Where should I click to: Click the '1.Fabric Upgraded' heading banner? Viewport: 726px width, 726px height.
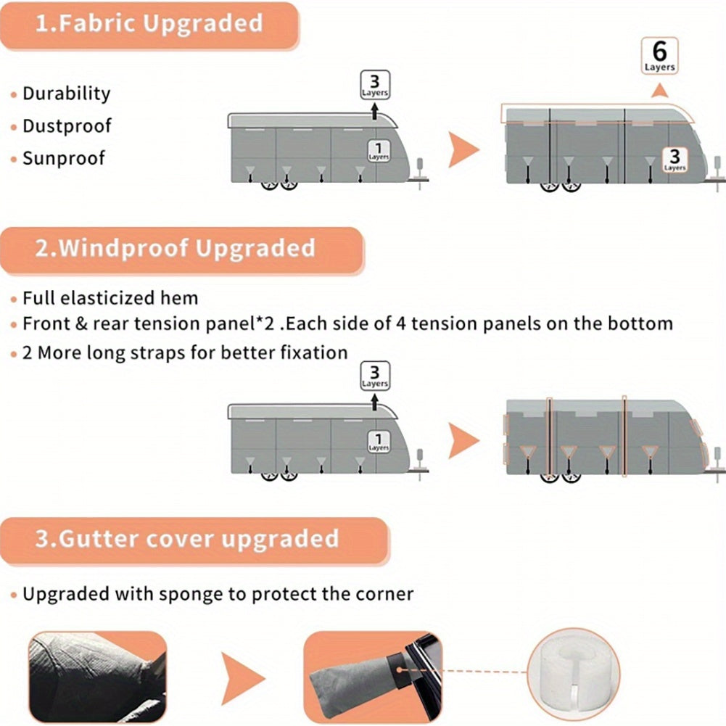[149, 25]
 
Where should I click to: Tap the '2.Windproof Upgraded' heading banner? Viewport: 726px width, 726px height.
[182, 250]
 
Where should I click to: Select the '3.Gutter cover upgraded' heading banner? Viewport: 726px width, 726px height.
[194, 541]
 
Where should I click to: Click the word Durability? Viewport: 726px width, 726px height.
[67, 94]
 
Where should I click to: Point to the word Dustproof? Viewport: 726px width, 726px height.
[67, 126]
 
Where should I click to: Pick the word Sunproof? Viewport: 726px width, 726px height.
[64, 158]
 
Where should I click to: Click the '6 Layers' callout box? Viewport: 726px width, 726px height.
[659, 56]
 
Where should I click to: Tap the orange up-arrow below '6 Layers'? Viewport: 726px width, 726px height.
[659, 91]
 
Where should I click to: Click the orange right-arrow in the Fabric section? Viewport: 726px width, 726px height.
[463, 149]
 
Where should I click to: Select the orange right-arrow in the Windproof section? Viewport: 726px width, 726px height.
[463, 440]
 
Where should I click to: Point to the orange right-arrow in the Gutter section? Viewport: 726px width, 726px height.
[242, 678]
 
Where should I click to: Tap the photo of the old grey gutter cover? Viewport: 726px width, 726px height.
[97, 677]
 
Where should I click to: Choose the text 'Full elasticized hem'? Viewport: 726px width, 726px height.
[110, 298]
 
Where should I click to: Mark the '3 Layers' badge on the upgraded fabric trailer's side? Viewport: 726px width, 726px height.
[675, 160]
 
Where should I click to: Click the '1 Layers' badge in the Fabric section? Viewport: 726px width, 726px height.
[379, 151]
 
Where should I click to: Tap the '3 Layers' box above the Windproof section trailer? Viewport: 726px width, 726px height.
[375, 376]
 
